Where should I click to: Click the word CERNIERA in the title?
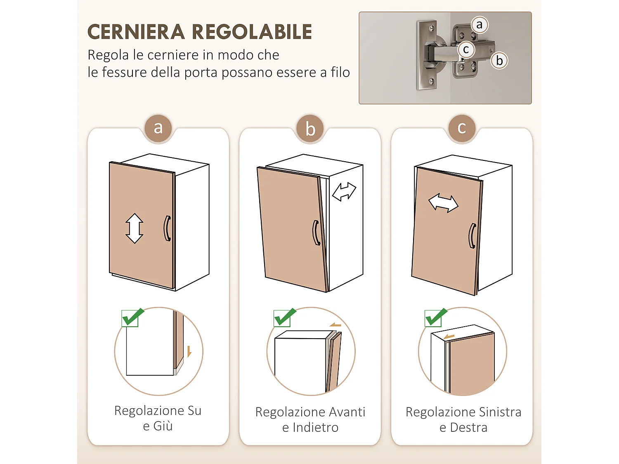[x=136, y=32]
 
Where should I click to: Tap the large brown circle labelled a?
[x=158, y=128]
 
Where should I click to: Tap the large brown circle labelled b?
[x=310, y=129]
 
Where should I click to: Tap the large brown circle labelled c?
[x=462, y=128]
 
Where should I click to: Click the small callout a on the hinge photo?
[x=479, y=25]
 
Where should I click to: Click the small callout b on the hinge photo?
[x=499, y=61]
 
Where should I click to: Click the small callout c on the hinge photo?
[x=466, y=49]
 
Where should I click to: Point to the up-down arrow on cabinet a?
[x=135, y=228]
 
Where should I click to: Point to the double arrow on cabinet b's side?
[x=344, y=192]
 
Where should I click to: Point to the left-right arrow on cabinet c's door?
[x=443, y=203]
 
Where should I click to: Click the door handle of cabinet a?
[x=167, y=228]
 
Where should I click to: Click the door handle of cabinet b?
[x=316, y=233]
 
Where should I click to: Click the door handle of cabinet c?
[x=473, y=236]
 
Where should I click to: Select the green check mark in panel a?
[x=132, y=318]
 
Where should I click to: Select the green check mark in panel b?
[x=284, y=318]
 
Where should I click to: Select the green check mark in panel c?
[x=435, y=318]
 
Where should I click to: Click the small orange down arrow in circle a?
[x=189, y=351]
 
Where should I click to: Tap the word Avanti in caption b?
[x=345, y=412]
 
